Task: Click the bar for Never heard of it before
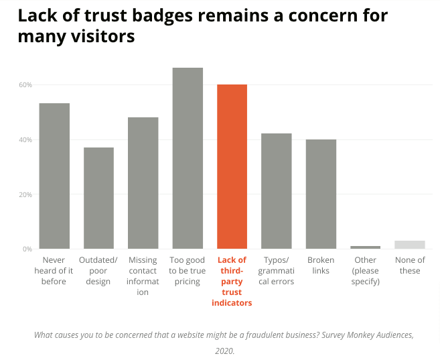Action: [54, 176]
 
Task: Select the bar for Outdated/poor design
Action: [98, 198]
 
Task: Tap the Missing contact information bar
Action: [143, 183]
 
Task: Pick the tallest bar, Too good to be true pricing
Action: [188, 158]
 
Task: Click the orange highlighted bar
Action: [232, 166]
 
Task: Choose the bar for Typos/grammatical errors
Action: [276, 191]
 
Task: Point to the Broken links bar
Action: [321, 194]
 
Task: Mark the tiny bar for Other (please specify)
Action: [365, 247]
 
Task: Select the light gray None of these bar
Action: [409, 245]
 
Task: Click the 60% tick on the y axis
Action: [25, 85]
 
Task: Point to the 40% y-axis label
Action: [25, 140]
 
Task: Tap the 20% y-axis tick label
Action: [25, 195]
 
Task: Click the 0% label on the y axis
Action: [27, 249]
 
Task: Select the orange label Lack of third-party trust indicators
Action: [232, 281]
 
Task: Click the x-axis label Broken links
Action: [321, 265]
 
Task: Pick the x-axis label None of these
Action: [409, 265]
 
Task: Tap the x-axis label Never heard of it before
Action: [54, 270]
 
